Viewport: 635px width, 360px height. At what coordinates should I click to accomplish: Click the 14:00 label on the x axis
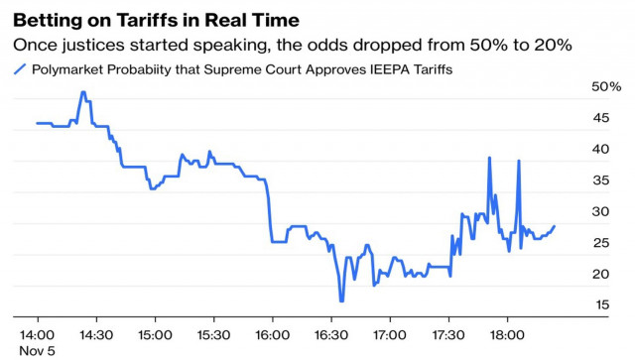click(x=37, y=333)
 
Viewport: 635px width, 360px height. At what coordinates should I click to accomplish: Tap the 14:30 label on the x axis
click(x=95, y=333)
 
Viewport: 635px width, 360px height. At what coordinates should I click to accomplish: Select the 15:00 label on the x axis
click(x=154, y=333)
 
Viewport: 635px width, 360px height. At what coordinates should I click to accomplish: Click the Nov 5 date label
click(x=36, y=349)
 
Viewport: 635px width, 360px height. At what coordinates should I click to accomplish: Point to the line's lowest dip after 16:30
click(x=341, y=300)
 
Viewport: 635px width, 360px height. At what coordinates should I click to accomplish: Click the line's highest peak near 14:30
click(x=83, y=92)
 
